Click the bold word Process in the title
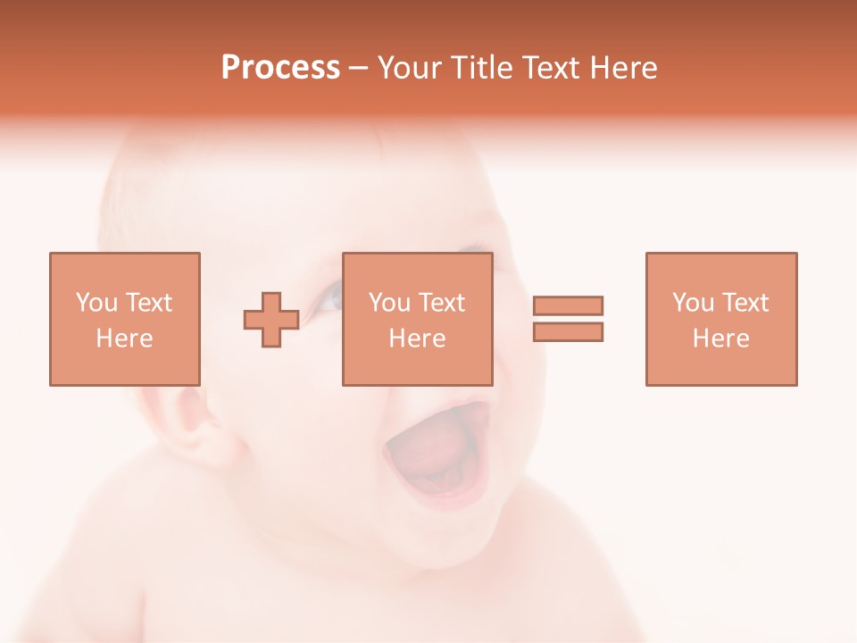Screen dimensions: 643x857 pyautogui.click(x=280, y=68)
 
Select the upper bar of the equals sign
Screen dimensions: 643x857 pyautogui.click(x=568, y=305)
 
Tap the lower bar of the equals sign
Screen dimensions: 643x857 pyautogui.click(x=568, y=331)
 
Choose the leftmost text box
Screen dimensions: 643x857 pyautogui.click(x=125, y=319)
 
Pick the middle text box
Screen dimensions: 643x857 pyautogui.click(x=417, y=319)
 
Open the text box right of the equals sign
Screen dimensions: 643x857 pyautogui.click(x=720, y=319)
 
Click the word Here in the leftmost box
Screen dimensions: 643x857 pyautogui.click(x=124, y=338)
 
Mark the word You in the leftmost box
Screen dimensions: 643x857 pyautogui.click(x=96, y=303)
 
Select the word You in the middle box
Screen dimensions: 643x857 pyautogui.click(x=389, y=303)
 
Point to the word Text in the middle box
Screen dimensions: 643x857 pyautogui.click(x=443, y=303)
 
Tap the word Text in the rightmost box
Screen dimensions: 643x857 pyautogui.click(x=746, y=303)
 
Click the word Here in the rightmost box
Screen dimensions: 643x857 pyautogui.click(x=720, y=338)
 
